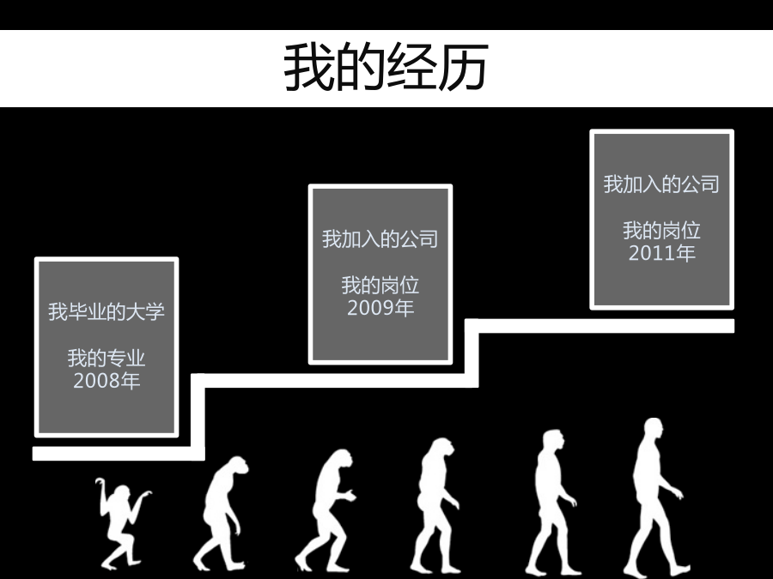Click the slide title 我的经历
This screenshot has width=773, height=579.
[x=386, y=67]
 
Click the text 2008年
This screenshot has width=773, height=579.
[x=107, y=381]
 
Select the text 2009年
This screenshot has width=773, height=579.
[x=380, y=308]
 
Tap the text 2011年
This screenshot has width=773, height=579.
[x=661, y=253]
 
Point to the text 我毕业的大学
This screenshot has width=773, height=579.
[x=107, y=311]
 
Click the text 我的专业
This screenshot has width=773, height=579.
[x=107, y=358]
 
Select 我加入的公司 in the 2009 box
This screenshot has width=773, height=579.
[x=380, y=238]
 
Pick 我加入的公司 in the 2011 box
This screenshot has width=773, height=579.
[x=661, y=184]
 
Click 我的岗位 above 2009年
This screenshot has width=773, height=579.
[x=380, y=286]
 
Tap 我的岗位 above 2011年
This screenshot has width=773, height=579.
[x=661, y=231]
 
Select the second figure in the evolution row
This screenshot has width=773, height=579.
[x=221, y=514]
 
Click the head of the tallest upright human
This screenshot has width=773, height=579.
[x=654, y=429]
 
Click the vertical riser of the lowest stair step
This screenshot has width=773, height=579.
[x=198, y=417]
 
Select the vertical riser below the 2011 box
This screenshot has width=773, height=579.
[x=472, y=353]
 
